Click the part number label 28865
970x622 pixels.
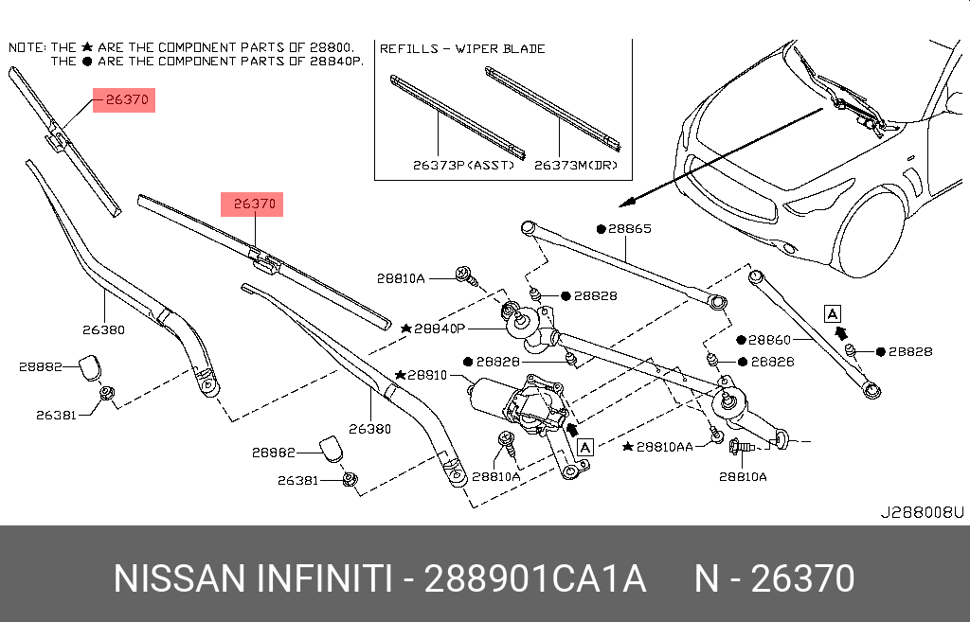coord(630,229)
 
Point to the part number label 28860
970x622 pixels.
coord(769,339)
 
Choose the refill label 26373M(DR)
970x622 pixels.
coord(576,165)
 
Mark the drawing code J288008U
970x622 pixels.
coord(922,512)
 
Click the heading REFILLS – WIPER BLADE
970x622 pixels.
coord(461,48)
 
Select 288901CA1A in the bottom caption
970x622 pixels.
coord(535,578)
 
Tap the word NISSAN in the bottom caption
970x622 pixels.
coord(175,578)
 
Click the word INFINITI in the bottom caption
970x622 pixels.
coord(316,578)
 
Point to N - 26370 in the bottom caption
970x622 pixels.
coord(775,578)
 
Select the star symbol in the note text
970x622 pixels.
coord(88,46)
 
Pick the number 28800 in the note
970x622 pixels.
coord(332,46)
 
